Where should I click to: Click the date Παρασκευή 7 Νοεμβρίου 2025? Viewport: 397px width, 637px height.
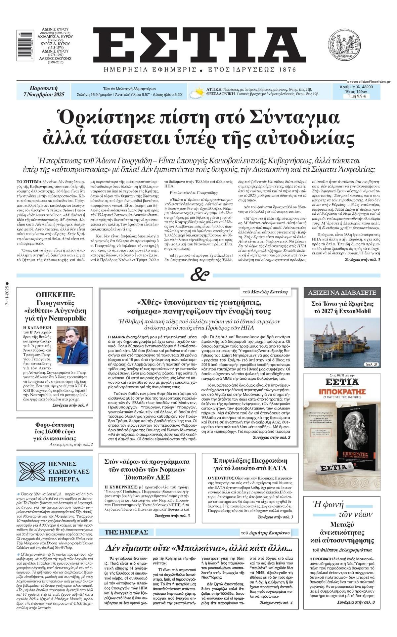pos(44,92)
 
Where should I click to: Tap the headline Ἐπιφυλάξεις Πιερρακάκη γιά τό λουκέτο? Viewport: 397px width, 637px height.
pos(250,464)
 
